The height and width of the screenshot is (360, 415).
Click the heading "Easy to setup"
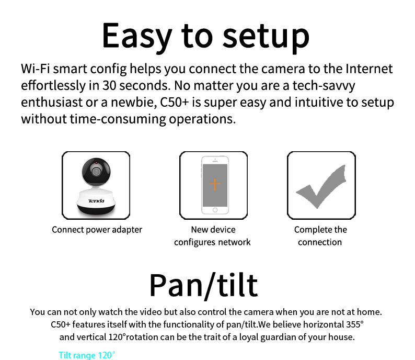coord(205,36)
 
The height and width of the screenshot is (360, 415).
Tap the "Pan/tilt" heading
coord(203,286)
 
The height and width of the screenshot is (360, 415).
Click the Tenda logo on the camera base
coord(96,201)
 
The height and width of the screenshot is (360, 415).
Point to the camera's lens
coord(96,172)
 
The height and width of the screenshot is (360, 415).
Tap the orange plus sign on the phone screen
coord(215,184)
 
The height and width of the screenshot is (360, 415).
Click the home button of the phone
coord(215,210)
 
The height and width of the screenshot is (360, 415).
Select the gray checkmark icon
coord(321,187)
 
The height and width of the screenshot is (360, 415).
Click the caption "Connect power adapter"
coord(97,230)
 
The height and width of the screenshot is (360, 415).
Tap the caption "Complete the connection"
coord(320,236)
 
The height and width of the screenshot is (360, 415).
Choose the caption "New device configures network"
coord(212,236)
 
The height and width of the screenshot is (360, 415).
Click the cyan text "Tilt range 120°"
coord(87,355)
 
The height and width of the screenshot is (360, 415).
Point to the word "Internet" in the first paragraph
coord(369,69)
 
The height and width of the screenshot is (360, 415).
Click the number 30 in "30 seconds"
coord(109,86)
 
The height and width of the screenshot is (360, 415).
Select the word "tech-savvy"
coord(324,86)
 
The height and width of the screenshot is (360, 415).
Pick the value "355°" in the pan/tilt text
coord(355,324)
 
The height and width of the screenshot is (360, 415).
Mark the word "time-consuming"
coord(118,119)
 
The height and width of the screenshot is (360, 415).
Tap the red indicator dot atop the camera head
coord(96,163)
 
